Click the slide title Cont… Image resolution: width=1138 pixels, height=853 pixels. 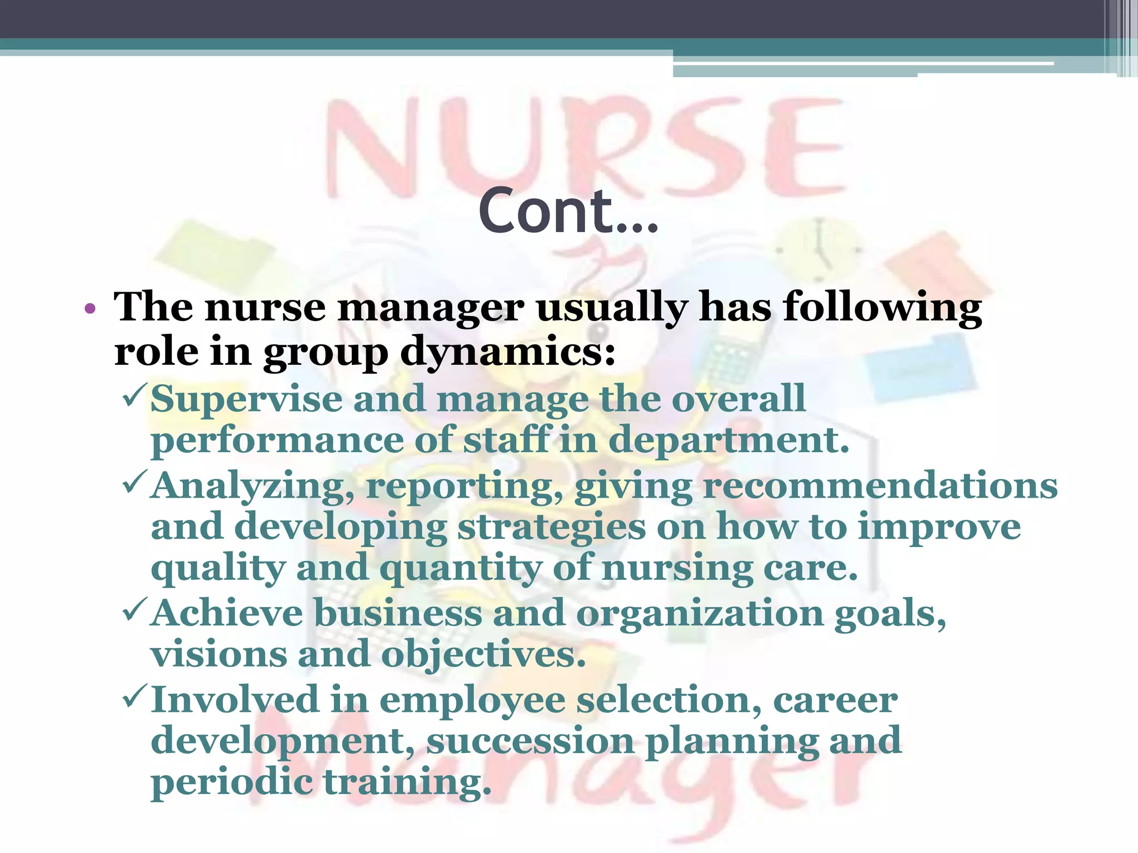click(568, 211)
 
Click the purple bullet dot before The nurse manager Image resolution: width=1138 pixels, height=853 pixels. click(90, 308)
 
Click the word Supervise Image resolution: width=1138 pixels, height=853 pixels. click(246, 400)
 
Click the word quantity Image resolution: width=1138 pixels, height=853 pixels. click(460, 569)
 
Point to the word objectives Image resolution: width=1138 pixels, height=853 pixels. click(483, 655)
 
